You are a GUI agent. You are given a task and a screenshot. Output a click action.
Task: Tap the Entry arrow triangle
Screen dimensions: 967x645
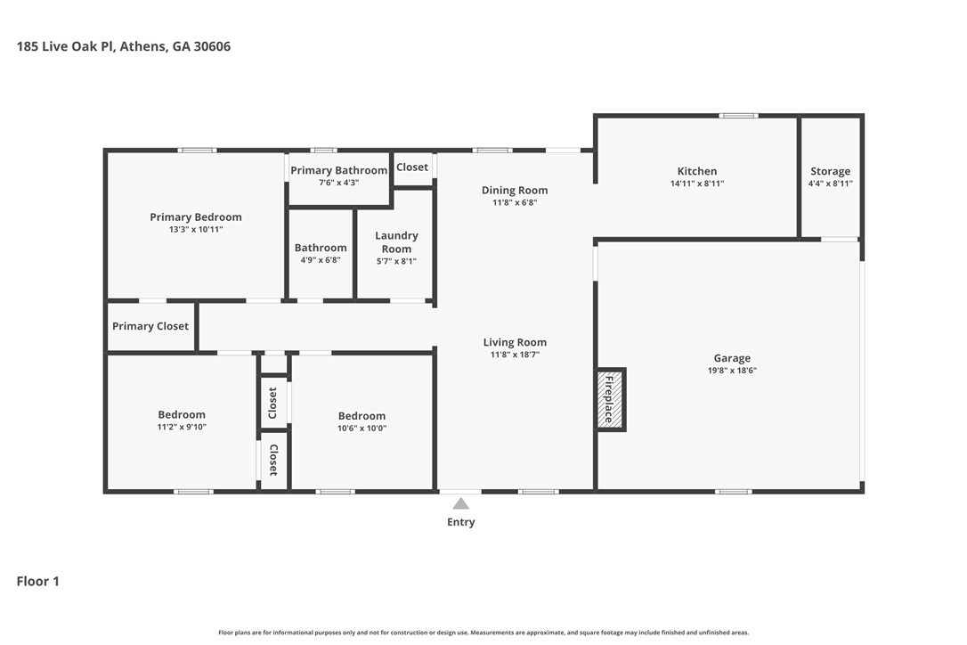pyautogui.click(x=460, y=503)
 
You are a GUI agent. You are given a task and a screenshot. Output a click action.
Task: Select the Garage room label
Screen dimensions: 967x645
pyautogui.click(x=732, y=358)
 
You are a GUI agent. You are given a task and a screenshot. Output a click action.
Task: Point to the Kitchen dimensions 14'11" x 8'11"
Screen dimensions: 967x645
pyautogui.click(x=697, y=184)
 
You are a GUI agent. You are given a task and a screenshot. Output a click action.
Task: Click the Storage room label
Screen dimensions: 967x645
pyautogui.click(x=830, y=171)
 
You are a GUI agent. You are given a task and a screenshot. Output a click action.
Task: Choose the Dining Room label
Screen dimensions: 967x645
pyautogui.click(x=515, y=190)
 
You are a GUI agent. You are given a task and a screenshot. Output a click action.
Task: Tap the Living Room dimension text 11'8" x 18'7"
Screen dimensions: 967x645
pyautogui.click(x=515, y=355)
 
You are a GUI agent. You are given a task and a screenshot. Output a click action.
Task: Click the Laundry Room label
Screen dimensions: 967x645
pyautogui.click(x=396, y=242)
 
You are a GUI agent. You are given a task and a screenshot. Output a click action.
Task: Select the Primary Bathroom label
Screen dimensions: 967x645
pyautogui.click(x=338, y=170)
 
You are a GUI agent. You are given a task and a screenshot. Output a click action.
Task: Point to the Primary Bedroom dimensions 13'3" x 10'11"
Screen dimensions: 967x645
pyautogui.click(x=196, y=229)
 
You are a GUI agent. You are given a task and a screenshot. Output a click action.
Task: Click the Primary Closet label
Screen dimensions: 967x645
pyautogui.click(x=150, y=326)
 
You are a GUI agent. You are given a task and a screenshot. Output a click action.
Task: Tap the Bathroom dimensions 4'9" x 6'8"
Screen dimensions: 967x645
pyautogui.click(x=321, y=260)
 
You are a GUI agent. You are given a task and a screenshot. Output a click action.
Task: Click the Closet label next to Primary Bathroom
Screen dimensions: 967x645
pyautogui.click(x=412, y=167)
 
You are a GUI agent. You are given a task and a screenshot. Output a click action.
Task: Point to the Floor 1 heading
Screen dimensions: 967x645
pyautogui.click(x=37, y=581)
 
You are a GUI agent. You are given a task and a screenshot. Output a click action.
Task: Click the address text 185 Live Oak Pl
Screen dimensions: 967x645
pyautogui.click(x=65, y=46)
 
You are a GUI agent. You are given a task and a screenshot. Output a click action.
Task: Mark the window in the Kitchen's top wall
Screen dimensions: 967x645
pyautogui.click(x=739, y=116)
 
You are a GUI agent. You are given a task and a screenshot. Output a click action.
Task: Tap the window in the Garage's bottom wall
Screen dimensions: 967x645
pyautogui.click(x=734, y=491)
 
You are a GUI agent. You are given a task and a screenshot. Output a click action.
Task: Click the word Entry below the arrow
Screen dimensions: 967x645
pyautogui.click(x=460, y=522)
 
